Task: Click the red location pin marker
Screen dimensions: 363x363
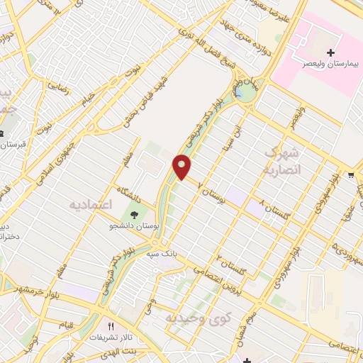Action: (x=183, y=167)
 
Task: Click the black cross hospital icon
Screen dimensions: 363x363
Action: (x=330, y=52)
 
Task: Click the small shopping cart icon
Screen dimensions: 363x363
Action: (x=352, y=174)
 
